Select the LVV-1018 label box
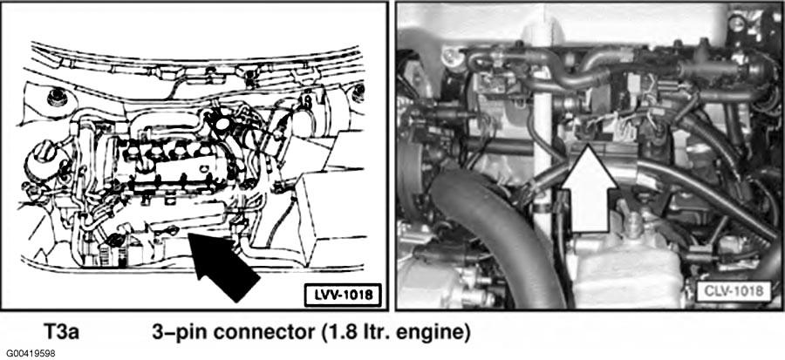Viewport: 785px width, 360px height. point(343,295)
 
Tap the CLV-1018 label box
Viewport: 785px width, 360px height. point(733,290)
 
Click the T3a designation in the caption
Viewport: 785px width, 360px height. point(60,332)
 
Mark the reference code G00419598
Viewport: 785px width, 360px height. point(28,354)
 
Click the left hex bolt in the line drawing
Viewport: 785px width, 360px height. point(57,97)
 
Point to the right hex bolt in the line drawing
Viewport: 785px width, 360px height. point(358,93)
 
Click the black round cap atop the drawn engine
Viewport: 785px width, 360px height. point(219,121)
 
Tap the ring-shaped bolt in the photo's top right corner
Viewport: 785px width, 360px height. point(735,22)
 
